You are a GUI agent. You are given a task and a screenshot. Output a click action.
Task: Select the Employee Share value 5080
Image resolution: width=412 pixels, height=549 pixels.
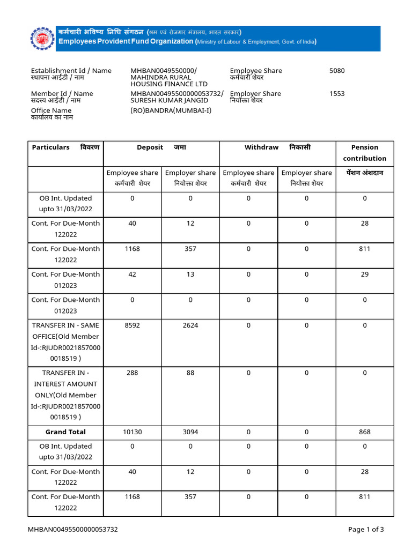pos(337,71)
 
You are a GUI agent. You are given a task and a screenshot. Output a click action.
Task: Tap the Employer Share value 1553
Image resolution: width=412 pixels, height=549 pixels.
pos(337,94)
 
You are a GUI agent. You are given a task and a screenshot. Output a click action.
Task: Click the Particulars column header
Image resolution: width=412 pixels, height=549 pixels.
pos(65,147)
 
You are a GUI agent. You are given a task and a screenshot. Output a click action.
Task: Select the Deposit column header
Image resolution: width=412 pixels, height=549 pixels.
pos(161,147)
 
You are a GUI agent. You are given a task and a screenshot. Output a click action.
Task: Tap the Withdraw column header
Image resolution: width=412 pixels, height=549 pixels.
pos(277,147)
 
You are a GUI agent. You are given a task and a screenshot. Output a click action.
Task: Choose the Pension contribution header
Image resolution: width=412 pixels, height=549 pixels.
pos(364,153)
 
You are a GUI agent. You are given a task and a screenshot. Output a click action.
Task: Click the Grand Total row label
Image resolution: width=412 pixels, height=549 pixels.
pos(65,432)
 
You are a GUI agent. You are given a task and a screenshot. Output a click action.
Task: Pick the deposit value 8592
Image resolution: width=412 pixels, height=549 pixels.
pos(132,325)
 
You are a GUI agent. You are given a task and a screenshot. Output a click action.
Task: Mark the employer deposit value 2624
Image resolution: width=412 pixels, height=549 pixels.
pos(190,325)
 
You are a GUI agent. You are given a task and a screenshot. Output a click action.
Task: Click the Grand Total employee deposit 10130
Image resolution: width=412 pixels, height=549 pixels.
pos(132,432)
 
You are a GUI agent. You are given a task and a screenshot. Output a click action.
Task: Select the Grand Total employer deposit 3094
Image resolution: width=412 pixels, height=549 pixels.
pos(190,432)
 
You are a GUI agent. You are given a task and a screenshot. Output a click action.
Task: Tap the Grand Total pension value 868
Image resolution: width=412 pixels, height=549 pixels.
pos(365,432)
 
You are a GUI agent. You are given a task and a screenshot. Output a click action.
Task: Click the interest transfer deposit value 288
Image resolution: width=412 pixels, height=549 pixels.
pos(132,373)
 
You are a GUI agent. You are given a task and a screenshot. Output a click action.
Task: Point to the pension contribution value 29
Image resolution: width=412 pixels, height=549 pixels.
pos(365,274)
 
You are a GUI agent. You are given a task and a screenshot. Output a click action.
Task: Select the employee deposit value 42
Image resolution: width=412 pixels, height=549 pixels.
pos(132,274)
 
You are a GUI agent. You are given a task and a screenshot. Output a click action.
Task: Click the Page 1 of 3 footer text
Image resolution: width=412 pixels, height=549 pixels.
pos(366,530)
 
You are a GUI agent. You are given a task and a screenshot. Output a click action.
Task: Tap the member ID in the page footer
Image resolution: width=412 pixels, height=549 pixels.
pos(73,530)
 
